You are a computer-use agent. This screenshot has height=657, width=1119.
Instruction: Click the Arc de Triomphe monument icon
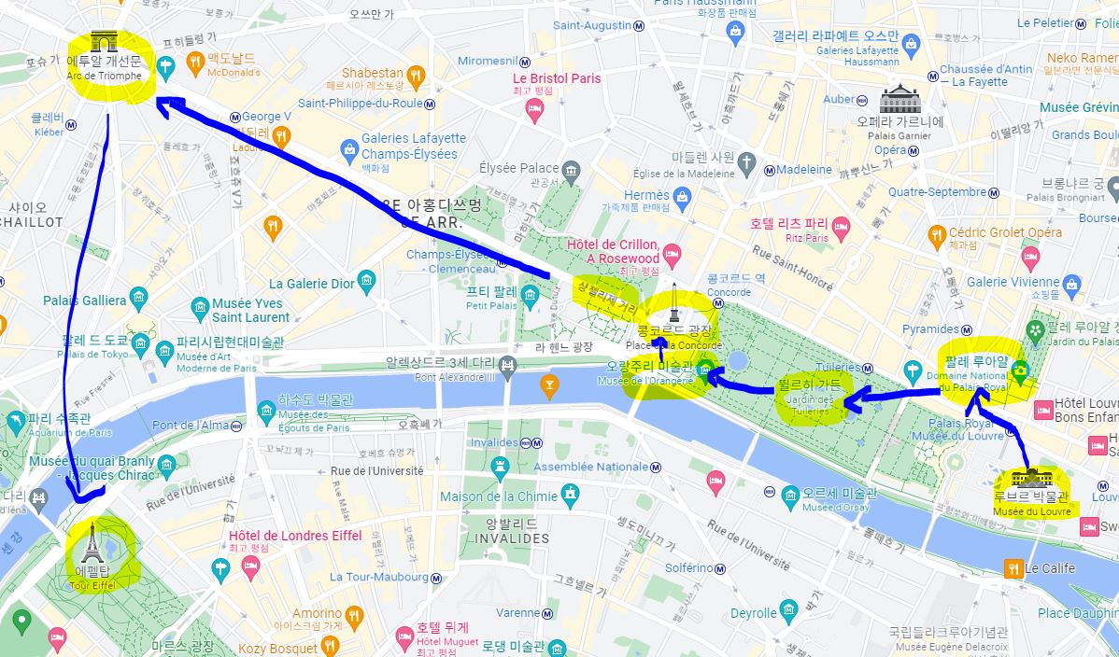pos(103,42)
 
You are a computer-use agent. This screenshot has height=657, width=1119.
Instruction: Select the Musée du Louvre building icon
pos(1031,480)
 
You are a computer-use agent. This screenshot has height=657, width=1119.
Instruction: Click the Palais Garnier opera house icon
pos(899,99)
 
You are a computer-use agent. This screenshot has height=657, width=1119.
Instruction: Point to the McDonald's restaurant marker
pos(195,63)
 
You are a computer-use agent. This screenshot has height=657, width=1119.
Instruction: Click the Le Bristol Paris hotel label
pos(557,78)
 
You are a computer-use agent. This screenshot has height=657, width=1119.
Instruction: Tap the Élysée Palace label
pos(518,168)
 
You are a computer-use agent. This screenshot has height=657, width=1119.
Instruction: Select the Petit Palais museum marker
pos(531,297)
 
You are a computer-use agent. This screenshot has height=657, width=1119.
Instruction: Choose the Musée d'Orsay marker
pos(790,495)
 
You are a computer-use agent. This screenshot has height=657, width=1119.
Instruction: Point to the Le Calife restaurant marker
pos(1012,567)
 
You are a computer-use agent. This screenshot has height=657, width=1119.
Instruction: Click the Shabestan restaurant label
pos(372,73)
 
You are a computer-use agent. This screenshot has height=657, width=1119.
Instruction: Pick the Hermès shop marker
pos(683,196)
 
